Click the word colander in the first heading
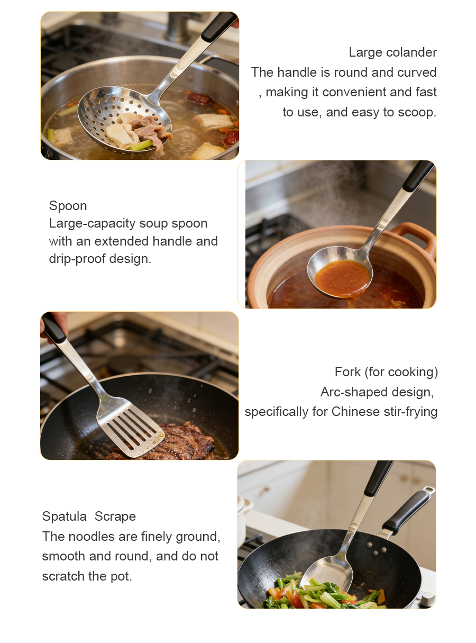411,52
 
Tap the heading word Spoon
68,206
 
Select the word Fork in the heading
347,372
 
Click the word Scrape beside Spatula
115,517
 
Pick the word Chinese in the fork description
355,411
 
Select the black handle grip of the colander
219,26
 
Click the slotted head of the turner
131,426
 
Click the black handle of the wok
407,511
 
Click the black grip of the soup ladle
418,176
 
